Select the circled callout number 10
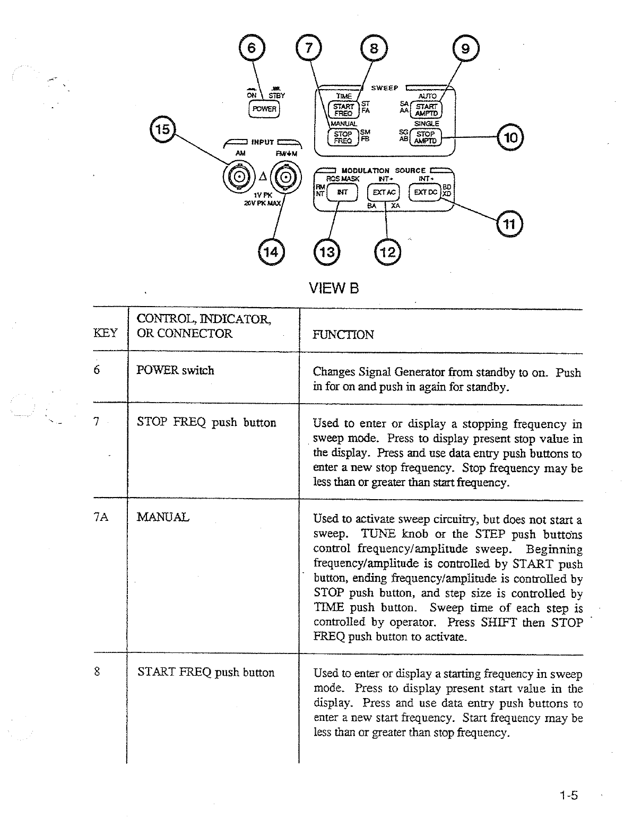(x=510, y=138)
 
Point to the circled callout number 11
(x=509, y=224)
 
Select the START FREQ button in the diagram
(x=343, y=109)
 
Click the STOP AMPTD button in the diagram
(x=426, y=137)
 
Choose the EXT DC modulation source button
(x=426, y=191)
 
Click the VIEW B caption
(x=334, y=288)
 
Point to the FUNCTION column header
(x=343, y=334)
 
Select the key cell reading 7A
(x=101, y=517)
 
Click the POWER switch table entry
(x=175, y=370)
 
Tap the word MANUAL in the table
(x=162, y=517)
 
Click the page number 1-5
(x=567, y=795)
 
